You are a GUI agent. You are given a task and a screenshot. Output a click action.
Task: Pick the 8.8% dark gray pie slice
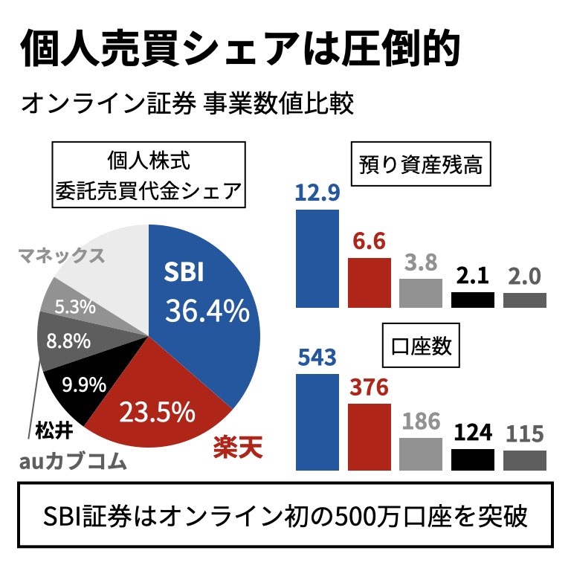pos(67,342)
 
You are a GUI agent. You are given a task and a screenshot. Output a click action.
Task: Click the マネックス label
pos(61,256)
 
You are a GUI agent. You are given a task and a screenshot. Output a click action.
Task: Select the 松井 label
pos(54,429)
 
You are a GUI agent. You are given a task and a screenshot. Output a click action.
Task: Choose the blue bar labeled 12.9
pos(317,258)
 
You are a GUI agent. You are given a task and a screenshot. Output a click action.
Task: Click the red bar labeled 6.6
pos(370,283)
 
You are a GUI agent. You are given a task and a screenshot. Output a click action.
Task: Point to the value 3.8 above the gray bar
pos(420,263)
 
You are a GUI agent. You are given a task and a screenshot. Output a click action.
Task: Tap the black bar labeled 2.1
pos(473,300)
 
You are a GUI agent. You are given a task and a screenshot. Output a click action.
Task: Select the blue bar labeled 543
pos(317,422)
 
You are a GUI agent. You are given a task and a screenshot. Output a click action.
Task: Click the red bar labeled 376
pos(370,437)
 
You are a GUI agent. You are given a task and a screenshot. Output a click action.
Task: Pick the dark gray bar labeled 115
pos(525,460)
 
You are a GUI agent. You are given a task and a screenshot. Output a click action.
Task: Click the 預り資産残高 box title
pos(420,164)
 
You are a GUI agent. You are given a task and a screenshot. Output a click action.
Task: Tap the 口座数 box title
pos(421,347)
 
